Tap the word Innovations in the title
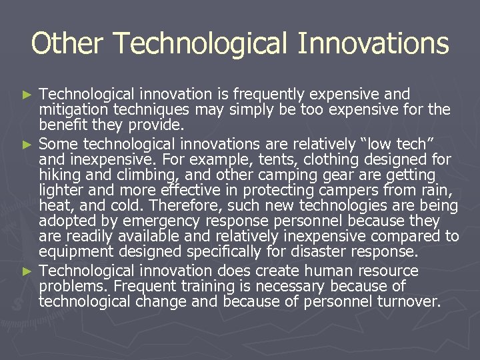click(373, 44)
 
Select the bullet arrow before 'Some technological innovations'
click(27, 144)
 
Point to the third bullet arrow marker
click(27, 271)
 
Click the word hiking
click(59, 175)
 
